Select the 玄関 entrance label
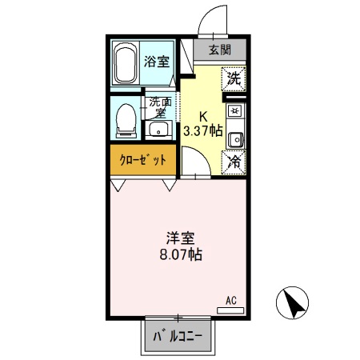pyautogui.click(x=220, y=49)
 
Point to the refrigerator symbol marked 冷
pyautogui.click(x=234, y=161)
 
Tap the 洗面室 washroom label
pyautogui.click(x=161, y=106)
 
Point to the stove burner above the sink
pyautogui.click(x=234, y=111)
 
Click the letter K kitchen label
pyautogui.click(x=203, y=114)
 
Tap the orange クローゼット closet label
pyautogui.click(x=143, y=160)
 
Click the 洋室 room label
pyautogui.click(x=180, y=238)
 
